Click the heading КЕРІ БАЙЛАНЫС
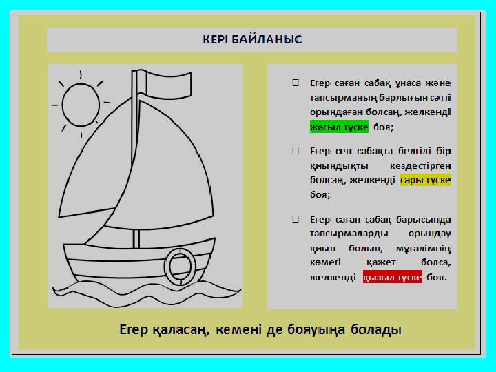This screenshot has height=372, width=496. (252, 39)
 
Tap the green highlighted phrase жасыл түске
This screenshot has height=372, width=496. (339, 127)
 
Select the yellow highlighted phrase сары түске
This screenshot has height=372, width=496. (426, 180)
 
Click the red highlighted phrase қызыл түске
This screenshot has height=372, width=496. (393, 277)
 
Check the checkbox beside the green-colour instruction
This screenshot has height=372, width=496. (296, 83)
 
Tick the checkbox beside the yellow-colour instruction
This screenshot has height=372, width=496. (296, 151)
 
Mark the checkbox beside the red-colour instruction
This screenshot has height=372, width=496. (296, 219)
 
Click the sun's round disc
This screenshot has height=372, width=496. (81, 105)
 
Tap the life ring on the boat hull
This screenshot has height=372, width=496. (180, 267)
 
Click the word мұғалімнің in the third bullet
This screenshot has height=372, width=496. (423, 249)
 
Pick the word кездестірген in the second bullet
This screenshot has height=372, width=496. (420, 166)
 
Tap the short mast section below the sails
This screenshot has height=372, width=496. (136, 238)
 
